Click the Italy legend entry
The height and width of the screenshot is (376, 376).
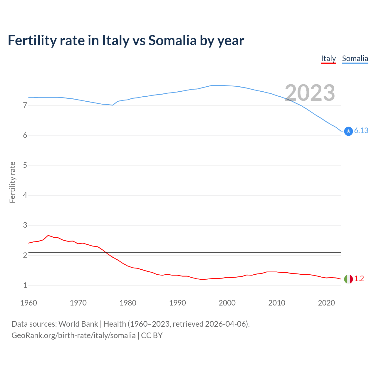328,59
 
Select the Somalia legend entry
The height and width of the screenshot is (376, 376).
355,59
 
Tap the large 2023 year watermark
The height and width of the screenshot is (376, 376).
310,93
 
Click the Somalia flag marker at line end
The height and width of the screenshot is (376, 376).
348,131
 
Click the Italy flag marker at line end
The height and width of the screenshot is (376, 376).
348,279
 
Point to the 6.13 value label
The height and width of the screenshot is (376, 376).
361,131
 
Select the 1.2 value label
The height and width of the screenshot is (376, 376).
359,279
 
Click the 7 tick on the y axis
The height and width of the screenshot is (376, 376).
25,105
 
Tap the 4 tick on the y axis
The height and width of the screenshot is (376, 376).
25,195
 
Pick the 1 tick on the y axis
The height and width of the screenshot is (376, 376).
25,285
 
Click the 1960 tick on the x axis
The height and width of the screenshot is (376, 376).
28,303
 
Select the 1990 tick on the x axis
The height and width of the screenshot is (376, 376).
177,303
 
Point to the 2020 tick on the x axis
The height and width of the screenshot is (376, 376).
326,303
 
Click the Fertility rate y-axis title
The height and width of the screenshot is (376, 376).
12,182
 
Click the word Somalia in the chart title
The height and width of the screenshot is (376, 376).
172,41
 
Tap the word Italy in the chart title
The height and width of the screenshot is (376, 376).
115,41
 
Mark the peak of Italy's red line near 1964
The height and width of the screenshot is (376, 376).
48,235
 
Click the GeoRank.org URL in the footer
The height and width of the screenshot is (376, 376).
73,335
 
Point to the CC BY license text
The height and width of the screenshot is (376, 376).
152,335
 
